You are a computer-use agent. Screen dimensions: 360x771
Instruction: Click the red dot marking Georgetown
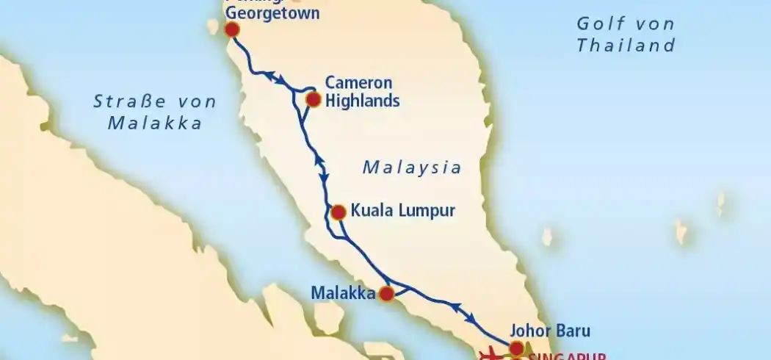(x=232, y=29)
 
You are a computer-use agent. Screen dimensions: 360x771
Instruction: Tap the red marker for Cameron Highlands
(x=313, y=99)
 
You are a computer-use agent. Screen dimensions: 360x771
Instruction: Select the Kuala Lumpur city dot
(x=338, y=212)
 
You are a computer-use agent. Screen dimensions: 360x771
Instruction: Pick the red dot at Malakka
(x=386, y=294)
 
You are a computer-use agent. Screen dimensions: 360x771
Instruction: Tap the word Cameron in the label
(x=358, y=82)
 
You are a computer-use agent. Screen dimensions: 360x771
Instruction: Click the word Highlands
(x=363, y=101)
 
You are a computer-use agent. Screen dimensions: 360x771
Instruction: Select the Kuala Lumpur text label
(x=403, y=212)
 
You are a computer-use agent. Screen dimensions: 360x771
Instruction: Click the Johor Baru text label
(x=549, y=330)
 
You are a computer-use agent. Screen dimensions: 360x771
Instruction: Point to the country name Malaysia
(x=412, y=168)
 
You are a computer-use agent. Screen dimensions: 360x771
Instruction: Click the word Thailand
(x=626, y=46)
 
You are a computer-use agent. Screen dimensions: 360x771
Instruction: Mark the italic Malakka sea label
(x=154, y=123)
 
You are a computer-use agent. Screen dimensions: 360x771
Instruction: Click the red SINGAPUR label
(x=566, y=356)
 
